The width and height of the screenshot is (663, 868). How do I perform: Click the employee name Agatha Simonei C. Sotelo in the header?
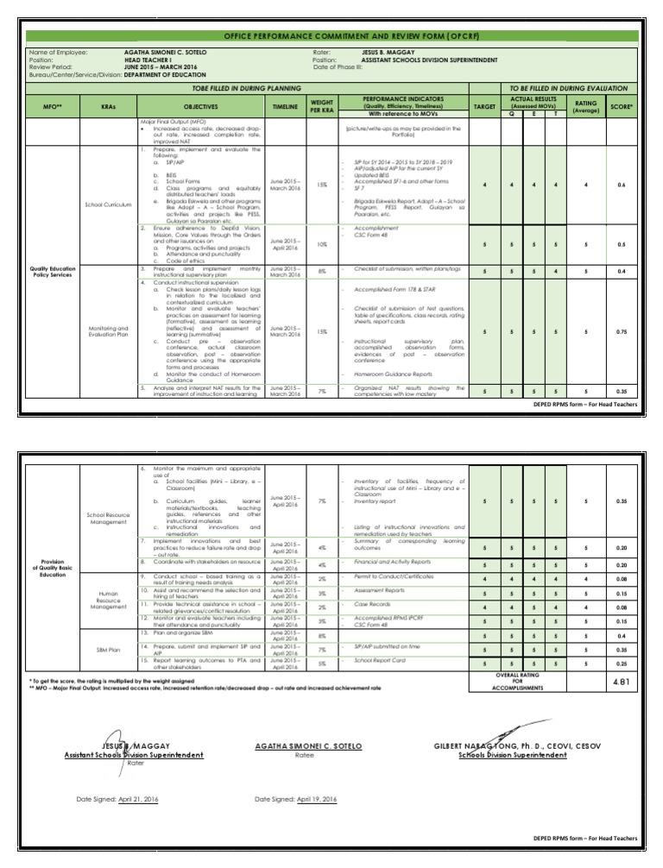click(x=166, y=53)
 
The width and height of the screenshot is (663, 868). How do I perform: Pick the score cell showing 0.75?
click(x=621, y=331)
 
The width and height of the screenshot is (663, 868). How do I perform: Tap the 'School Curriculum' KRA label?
click(x=108, y=204)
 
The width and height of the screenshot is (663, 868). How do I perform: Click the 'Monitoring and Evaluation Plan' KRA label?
click(x=108, y=332)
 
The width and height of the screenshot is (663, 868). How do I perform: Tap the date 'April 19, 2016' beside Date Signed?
click(x=316, y=800)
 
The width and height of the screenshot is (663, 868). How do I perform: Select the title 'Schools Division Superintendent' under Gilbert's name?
click(x=513, y=755)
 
